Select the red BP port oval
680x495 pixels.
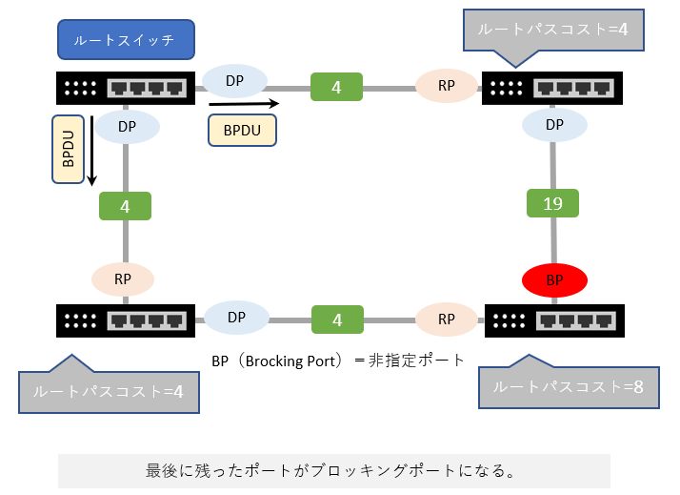554,280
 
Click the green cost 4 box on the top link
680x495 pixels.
336,87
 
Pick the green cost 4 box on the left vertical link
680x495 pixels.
126,204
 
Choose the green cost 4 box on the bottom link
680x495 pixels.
336,318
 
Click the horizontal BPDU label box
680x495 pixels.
242,130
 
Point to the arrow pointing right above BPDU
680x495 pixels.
244,102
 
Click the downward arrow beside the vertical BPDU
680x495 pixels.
93,151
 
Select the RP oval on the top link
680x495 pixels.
447,86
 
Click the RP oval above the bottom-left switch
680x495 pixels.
123,279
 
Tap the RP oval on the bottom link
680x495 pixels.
447,318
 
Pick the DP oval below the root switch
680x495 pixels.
126,126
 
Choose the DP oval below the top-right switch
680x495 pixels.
554,125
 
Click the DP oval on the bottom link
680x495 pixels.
234,318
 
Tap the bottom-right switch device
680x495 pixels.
554,320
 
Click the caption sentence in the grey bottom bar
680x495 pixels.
333,471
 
